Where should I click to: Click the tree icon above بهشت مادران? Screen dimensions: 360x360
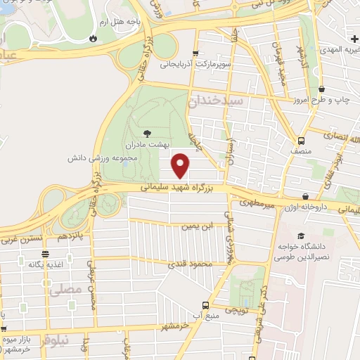click(x=147, y=133)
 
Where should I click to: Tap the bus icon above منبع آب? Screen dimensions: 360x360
click(x=205, y=305)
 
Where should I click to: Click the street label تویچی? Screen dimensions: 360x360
click(x=235, y=309)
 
